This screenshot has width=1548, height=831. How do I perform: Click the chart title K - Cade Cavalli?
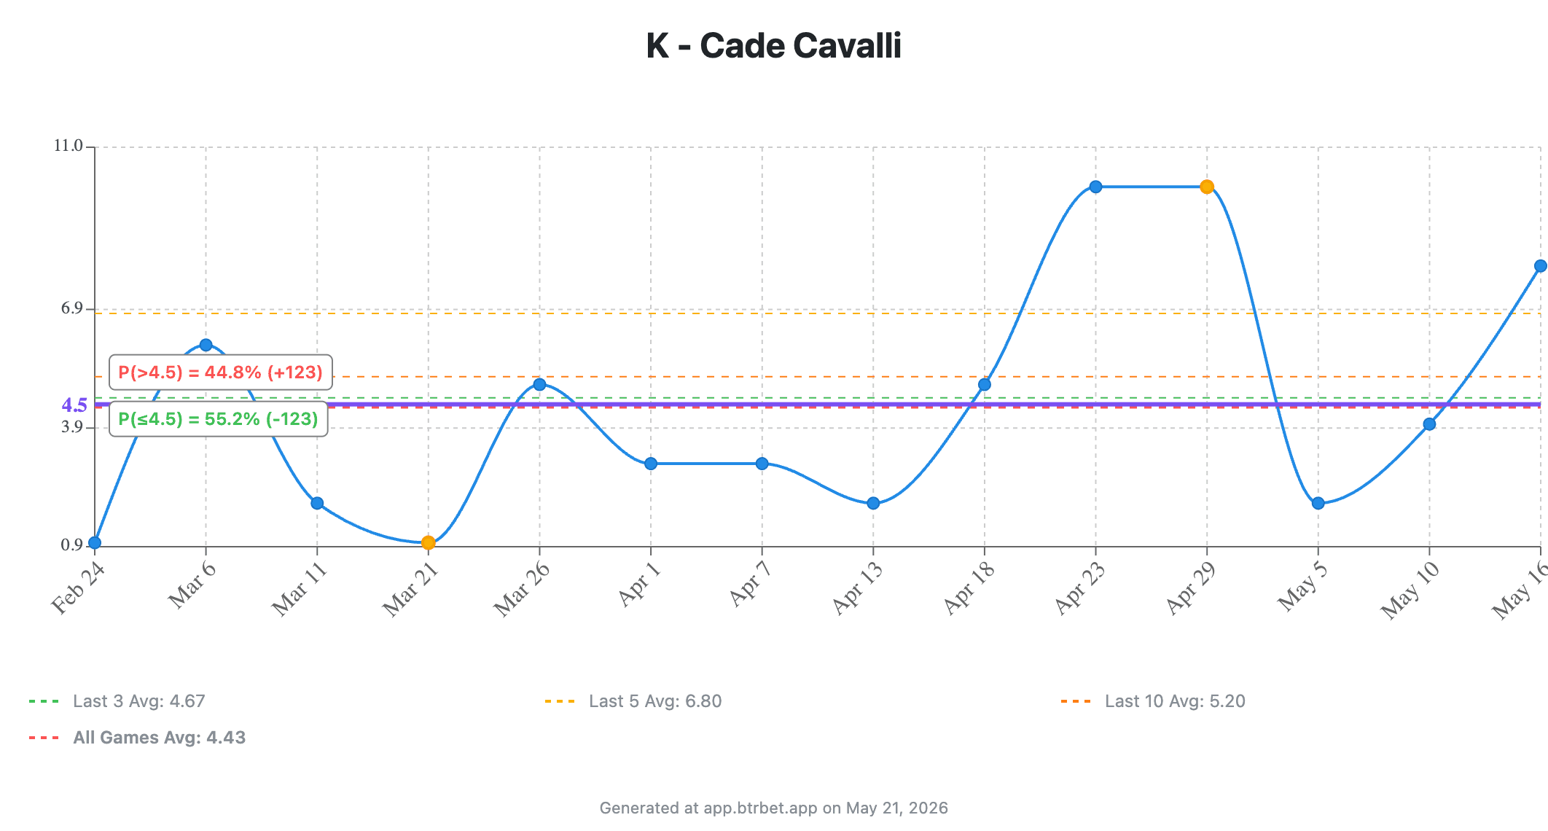tap(773, 45)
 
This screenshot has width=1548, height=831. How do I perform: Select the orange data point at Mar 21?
tap(429, 542)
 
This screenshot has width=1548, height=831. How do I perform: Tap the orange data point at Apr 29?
tap(1207, 187)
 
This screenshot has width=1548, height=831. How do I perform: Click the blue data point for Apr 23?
tap(1095, 187)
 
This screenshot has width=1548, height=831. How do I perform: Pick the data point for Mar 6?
tap(206, 345)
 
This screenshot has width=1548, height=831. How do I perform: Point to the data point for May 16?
tap(1540, 266)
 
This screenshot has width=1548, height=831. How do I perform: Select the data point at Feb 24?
tap(95, 542)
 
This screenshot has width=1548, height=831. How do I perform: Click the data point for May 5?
tap(1318, 503)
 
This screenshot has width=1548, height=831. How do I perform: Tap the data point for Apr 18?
tap(985, 384)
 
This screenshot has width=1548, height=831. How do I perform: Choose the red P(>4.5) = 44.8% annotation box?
tap(221, 372)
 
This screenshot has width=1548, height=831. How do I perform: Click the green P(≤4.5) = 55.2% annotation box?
tap(219, 419)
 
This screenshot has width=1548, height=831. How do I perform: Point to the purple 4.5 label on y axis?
tap(74, 405)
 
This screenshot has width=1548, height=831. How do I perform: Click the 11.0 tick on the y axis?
tap(69, 146)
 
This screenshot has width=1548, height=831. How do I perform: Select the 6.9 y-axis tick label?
tap(72, 308)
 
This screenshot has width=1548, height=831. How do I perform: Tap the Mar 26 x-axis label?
tap(521, 590)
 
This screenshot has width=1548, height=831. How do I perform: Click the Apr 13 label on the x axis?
tap(857, 588)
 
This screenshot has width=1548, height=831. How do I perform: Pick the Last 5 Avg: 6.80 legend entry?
tap(633, 701)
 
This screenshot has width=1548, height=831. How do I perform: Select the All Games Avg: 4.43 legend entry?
tap(138, 738)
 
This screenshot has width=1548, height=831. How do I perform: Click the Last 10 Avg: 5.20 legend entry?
tap(1153, 701)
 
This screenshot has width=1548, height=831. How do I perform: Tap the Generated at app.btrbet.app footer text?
tap(774, 808)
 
